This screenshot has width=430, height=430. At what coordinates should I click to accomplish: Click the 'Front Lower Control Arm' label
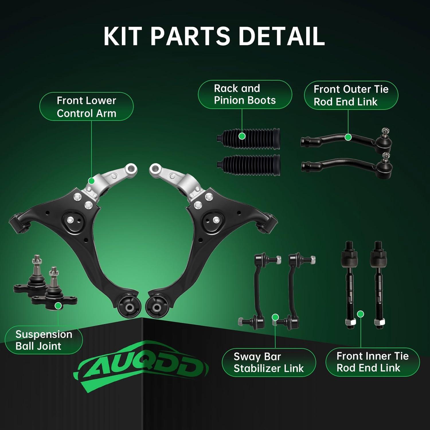[x=86, y=107]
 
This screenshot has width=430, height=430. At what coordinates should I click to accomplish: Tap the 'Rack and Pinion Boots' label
[x=245, y=94]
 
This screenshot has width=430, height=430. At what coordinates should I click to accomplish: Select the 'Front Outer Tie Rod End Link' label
[x=351, y=95]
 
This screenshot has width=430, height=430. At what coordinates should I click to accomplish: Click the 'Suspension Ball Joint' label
[x=44, y=340]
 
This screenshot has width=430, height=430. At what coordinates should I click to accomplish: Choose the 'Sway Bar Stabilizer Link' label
[x=269, y=362]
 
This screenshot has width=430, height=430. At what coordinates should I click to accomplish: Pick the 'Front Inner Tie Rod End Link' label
[x=372, y=362]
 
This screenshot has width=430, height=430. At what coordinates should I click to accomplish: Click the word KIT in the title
[x=124, y=36]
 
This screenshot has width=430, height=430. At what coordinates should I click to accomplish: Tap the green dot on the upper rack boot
[x=242, y=136]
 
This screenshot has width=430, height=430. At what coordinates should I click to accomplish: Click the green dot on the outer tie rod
[x=348, y=137]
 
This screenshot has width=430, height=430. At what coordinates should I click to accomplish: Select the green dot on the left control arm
[x=91, y=181]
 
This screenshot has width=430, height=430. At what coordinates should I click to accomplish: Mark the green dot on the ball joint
[x=58, y=306]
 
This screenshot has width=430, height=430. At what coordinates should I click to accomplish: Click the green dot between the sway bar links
[x=275, y=317]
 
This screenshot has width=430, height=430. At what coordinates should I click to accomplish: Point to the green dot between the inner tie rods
[x=361, y=314]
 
